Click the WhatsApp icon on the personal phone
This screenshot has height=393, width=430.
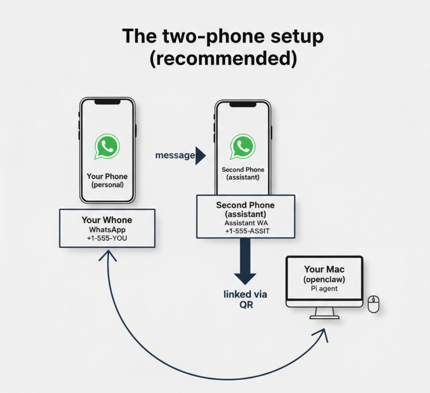click(107, 146)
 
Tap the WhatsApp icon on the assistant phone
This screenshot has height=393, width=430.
click(243, 146)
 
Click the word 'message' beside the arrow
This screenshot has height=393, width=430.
click(175, 155)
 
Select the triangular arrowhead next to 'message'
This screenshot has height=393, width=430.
click(200, 156)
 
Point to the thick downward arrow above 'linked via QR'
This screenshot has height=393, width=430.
click(245, 260)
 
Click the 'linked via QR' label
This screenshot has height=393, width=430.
click(245, 299)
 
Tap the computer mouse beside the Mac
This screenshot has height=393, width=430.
click(374, 304)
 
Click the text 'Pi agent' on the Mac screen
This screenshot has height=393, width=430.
click(324, 289)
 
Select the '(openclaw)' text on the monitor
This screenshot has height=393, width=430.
click(324, 280)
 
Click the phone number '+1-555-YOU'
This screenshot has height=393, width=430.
click(107, 238)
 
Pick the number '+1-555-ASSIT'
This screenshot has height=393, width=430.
click(247, 231)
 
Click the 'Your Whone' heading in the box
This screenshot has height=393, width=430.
click(107, 220)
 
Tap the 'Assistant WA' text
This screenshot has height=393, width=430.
click(246, 223)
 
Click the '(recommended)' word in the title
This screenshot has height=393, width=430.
click(223, 58)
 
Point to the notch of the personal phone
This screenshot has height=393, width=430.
click(107, 102)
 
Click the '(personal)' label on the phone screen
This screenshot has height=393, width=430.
click(107, 185)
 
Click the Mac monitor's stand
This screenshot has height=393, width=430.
click(324, 313)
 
